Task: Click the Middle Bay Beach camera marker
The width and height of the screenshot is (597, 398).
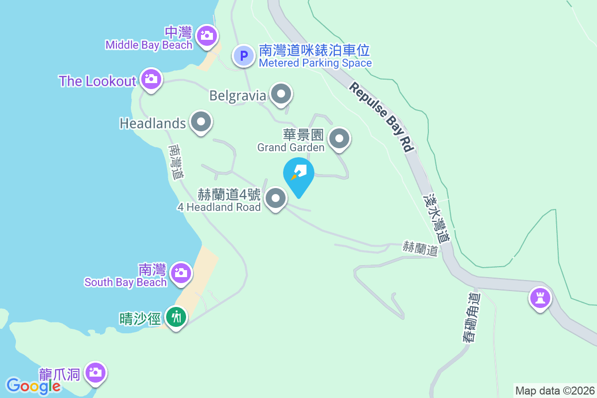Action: click(205, 35)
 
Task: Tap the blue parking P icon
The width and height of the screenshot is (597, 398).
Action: click(244, 55)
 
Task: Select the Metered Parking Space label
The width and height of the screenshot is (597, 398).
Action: click(315, 63)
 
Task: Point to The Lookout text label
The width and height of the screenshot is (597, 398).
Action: click(98, 81)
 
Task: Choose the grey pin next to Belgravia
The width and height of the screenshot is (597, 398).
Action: click(281, 94)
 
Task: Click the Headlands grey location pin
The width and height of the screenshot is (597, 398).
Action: click(201, 122)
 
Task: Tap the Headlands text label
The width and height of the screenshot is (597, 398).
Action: click(153, 123)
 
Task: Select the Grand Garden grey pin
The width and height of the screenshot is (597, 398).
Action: click(340, 139)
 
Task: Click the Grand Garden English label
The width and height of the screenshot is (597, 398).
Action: click(291, 147)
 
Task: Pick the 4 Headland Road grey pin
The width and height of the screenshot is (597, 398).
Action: click(276, 199)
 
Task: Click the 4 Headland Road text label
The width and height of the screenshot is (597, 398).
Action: click(219, 207)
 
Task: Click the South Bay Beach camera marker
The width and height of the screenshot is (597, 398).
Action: click(181, 273)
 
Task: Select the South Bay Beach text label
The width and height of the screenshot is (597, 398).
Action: click(125, 283)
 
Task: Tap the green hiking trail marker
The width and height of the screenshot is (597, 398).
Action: click(176, 316)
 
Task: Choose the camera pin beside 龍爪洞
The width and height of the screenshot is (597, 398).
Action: click(95, 372)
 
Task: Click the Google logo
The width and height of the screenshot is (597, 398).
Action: click(33, 386)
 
